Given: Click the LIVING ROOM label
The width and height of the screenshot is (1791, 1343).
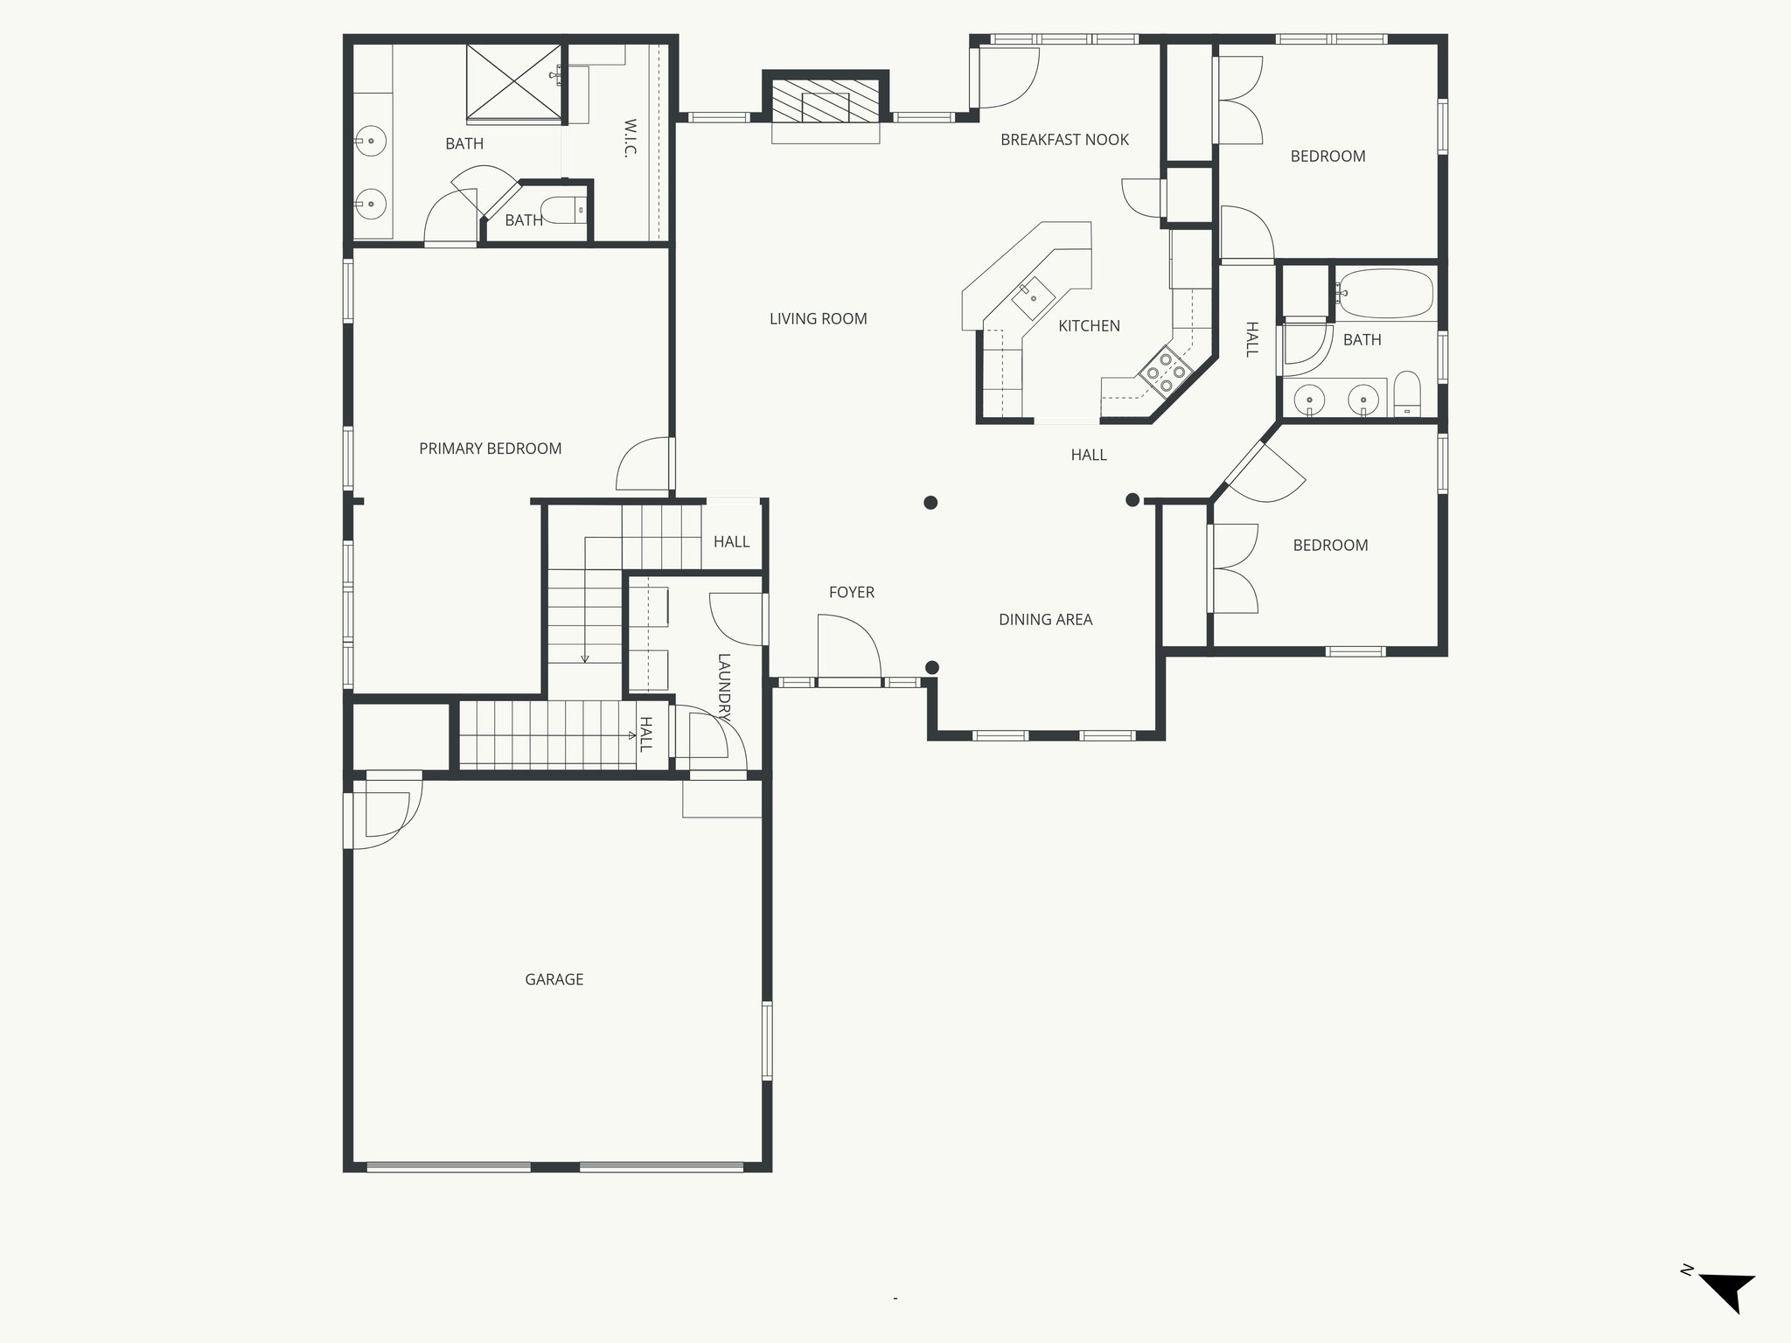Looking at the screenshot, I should pos(818,319).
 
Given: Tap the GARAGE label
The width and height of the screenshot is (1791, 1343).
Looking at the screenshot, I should pos(554,979).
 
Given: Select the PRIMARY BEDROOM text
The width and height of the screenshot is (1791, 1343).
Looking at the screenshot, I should pos(490,449).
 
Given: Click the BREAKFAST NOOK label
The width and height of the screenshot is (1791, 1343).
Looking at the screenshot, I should pos(1064,140).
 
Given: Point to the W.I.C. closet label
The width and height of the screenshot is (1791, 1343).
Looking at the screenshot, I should pos(630,138).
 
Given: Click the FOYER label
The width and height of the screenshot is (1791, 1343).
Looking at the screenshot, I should pos(851,592).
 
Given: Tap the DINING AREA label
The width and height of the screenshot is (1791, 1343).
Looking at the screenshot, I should pos(1045,620).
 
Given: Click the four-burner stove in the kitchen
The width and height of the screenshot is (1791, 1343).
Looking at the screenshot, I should pos(1165,372).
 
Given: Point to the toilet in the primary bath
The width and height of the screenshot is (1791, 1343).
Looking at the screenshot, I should pos(563,210).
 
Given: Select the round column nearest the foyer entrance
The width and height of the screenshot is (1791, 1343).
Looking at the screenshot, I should pos(932,667).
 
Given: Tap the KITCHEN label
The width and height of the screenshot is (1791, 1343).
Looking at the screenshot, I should pos(1089,326).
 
